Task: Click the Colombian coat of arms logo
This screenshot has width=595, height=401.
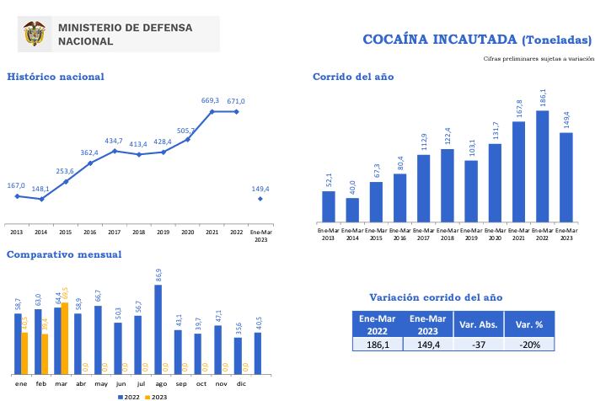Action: pyautogui.click(x=35, y=34)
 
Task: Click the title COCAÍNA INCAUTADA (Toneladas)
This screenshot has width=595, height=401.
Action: pyautogui.click(x=474, y=40)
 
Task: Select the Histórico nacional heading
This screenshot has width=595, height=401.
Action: pyautogui.click(x=56, y=77)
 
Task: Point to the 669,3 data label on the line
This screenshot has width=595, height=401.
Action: pyautogui.click(x=210, y=101)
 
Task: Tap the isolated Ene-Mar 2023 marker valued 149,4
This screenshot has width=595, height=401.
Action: pyautogui.click(x=260, y=199)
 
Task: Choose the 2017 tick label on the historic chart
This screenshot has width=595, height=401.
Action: pyautogui.click(x=114, y=232)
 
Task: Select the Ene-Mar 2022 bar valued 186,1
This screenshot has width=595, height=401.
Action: pyautogui.click(x=542, y=166)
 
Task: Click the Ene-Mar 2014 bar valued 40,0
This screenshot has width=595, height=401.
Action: pyautogui.click(x=352, y=210)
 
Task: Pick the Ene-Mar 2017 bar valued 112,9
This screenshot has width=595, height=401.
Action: pyautogui.click(x=423, y=188)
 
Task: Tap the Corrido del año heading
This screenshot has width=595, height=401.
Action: pyautogui.click(x=352, y=77)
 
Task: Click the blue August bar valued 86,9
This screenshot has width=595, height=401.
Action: pyautogui.click(x=158, y=329)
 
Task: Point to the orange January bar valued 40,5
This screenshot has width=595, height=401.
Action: pyautogui.click(x=24, y=353)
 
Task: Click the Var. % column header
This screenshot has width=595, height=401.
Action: pyautogui.click(x=529, y=323)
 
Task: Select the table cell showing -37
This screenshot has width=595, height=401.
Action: pyautogui.click(x=478, y=344)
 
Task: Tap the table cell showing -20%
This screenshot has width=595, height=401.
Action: pyautogui.click(x=529, y=344)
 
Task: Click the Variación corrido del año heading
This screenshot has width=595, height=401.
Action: pyautogui.click(x=436, y=297)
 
